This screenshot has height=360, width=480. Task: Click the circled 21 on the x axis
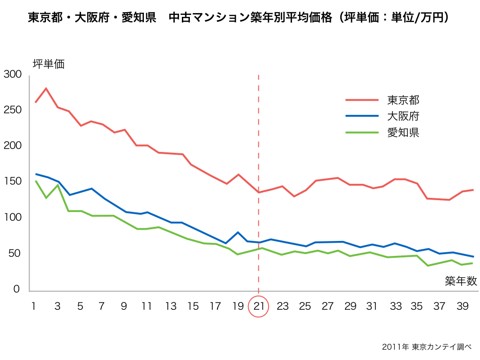click(x=259, y=307)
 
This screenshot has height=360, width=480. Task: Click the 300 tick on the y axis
click(x=12, y=75)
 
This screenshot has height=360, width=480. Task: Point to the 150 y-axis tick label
click(x=12, y=181)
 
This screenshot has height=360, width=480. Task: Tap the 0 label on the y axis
click(x=16, y=289)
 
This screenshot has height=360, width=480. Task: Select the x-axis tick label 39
click(x=462, y=307)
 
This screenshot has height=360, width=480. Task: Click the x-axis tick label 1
click(x=34, y=307)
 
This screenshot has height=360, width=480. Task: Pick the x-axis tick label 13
click(x=171, y=307)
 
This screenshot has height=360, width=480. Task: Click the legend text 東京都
click(x=403, y=100)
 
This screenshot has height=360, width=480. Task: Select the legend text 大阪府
click(x=403, y=116)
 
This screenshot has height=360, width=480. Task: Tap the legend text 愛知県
click(x=403, y=132)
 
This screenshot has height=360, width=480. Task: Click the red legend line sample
click(x=362, y=100)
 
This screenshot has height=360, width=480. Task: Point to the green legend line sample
click(x=362, y=132)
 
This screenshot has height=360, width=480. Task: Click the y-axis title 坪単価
click(x=48, y=64)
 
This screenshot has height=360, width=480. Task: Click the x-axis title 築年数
click(x=461, y=281)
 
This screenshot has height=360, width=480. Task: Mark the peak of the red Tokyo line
click(x=46, y=88)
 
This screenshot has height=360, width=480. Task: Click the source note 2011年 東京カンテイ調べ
click(x=426, y=347)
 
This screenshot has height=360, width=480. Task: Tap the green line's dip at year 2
click(x=46, y=198)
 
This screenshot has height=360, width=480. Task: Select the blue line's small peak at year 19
click(x=238, y=232)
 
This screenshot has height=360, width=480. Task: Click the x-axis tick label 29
click(x=350, y=307)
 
